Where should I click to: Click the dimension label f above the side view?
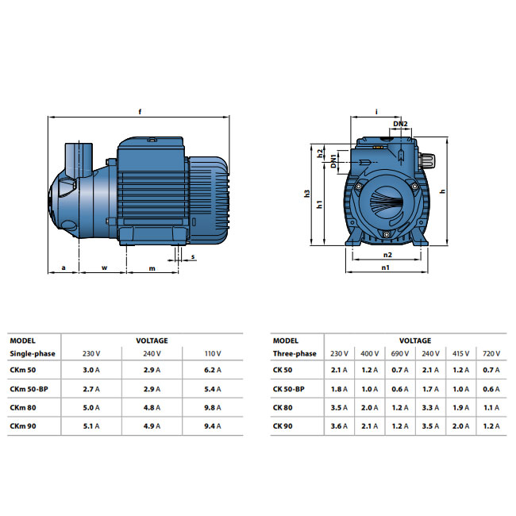[x=140, y=112]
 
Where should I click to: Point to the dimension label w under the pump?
[x=104, y=268]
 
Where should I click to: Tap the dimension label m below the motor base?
[x=152, y=268]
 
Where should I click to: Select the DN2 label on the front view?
[x=400, y=124]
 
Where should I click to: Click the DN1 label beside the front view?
[x=333, y=161]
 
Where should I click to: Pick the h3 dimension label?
[x=307, y=194]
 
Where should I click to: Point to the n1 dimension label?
[x=385, y=268]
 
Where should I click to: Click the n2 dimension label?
[x=387, y=255]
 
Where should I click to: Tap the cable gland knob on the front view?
[x=427, y=160]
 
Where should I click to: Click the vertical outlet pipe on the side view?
[x=79, y=160]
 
